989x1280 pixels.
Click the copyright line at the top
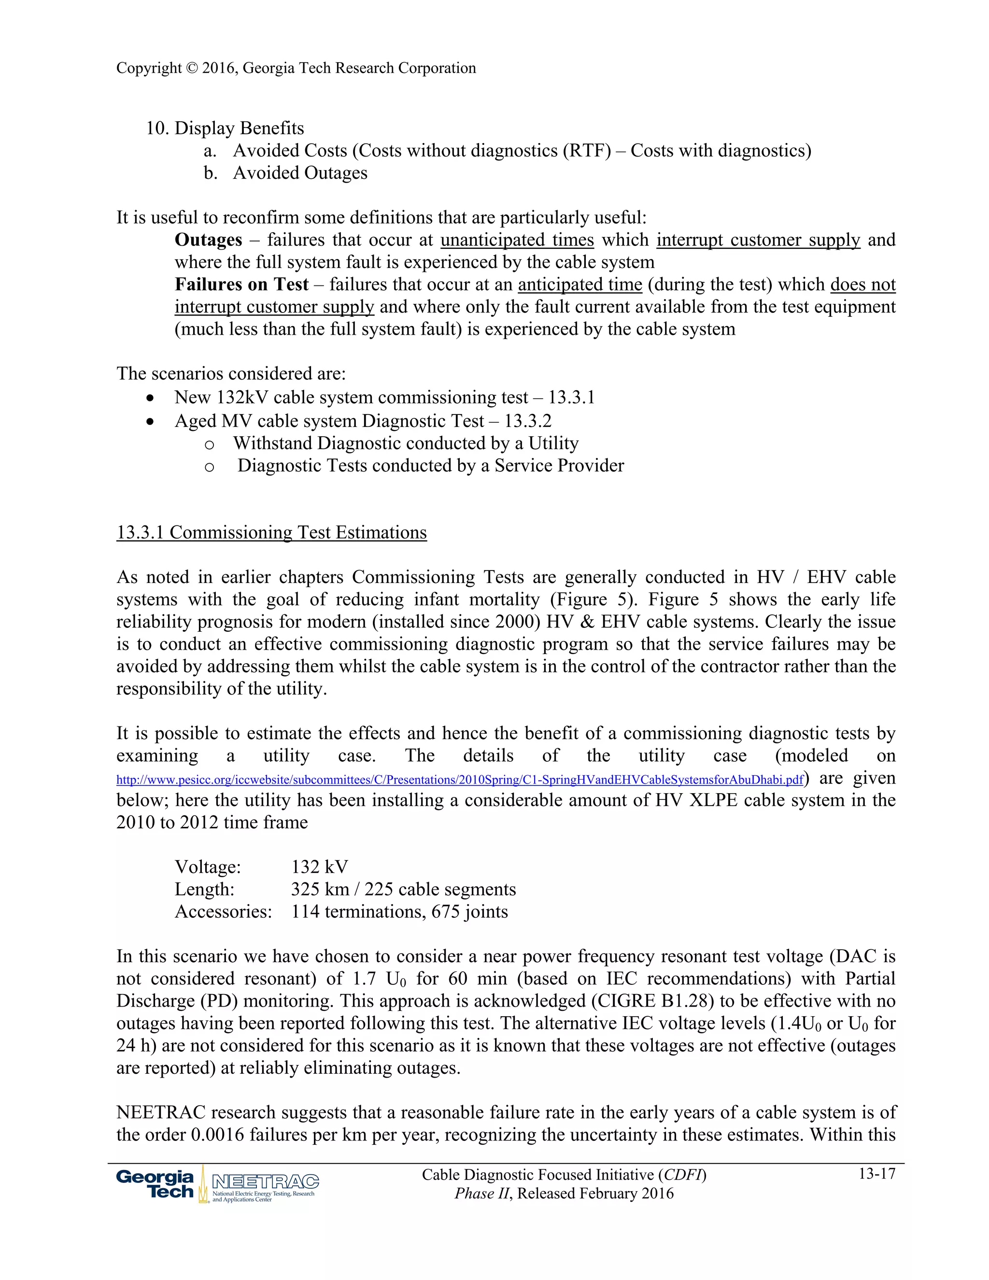pos(296,68)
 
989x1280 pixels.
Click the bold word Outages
pos(208,240)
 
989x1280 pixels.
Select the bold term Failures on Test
pos(241,284)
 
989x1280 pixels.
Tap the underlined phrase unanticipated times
pos(517,240)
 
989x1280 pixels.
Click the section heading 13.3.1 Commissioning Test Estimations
pos(271,532)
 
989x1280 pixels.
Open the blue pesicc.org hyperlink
pos(459,780)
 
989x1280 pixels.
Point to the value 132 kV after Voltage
pos(319,867)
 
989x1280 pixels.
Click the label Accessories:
pos(223,911)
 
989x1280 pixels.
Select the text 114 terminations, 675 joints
pos(399,911)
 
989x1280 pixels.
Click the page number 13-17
pos(876,1173)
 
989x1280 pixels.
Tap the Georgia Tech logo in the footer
pos(155,1183)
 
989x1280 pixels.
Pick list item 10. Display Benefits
pos(225,128)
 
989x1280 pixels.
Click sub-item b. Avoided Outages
pos(285,173)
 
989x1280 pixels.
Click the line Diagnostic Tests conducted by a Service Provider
pos(431,465)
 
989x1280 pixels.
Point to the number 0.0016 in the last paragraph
pos(217,1135)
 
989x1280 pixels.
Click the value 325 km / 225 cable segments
pos(403,889)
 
